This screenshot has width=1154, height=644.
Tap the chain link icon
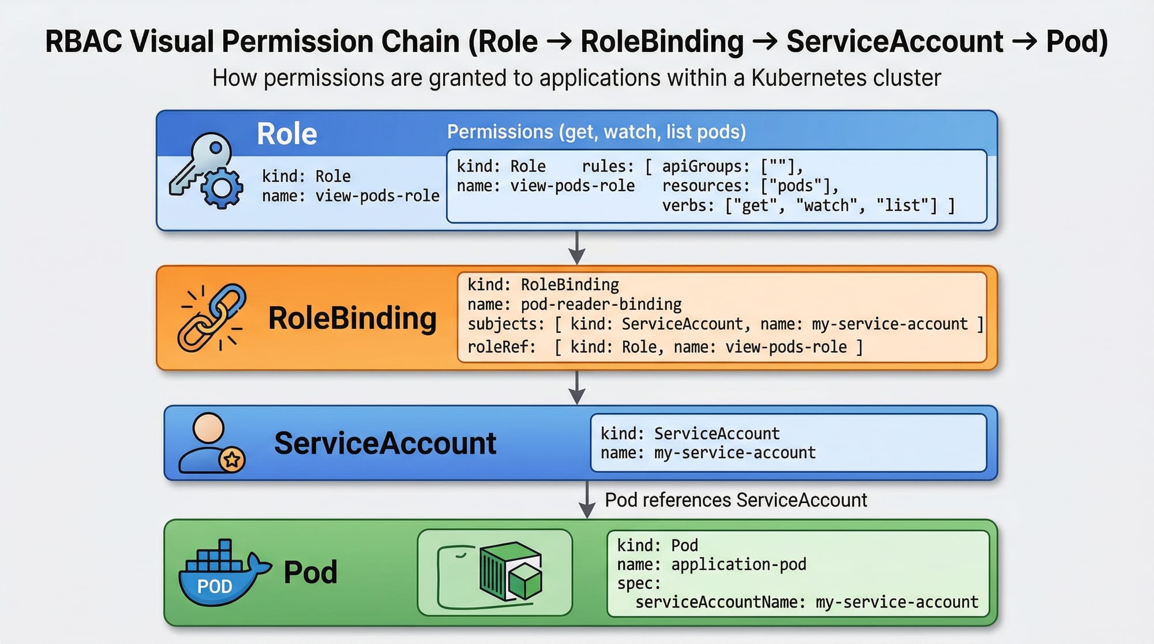pyautogui.click(x=212, y=318)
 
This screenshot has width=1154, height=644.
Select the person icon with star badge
pyautogui.click(x=211, y=443)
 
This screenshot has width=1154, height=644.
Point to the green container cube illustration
pyautogui.click(x=509, y=572)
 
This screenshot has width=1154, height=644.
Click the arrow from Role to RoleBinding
pyautogui.click(x=577, y=248)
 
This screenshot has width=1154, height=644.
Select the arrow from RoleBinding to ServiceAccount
pyautogui.click(x=577, y=387)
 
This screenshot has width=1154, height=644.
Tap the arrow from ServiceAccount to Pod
pyautogui.click(x=587, y=500)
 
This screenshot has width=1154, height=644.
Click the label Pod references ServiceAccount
pyautogui.click(x=736, y=500)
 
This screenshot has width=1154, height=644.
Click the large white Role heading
pyautogui.click(x=287, y=134)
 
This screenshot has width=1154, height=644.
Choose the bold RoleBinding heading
pyautogui.click(x=352, y=319)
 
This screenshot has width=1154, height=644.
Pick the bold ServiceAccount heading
pyautogui.click(x=385, y=443)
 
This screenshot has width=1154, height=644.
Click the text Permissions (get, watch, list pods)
pyautogui.click(x=596, y=132)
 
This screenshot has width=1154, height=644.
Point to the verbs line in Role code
pyautogui.click(x=808, y=205)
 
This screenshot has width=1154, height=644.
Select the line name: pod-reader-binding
pyautogui.click(x=574, y=304)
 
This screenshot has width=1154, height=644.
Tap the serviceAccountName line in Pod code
pyautogui.click(x=807, y=602)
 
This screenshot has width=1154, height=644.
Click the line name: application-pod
pyautogui.click(x=711, y=564)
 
